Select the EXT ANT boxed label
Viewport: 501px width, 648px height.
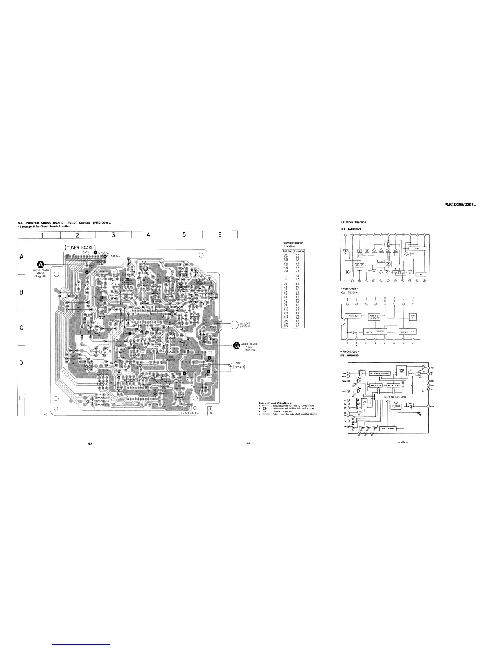click(236, 366)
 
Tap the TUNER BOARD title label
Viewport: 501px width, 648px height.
click(80, 247)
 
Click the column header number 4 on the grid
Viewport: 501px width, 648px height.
click(149, 234)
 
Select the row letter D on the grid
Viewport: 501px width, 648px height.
click(21, 363)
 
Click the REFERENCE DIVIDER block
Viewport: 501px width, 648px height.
click(381, 373)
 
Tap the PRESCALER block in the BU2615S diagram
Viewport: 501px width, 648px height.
click(376, 385)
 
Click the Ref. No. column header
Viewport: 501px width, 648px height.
click(287, 251)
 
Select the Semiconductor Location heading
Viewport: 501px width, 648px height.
click(292, 245)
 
